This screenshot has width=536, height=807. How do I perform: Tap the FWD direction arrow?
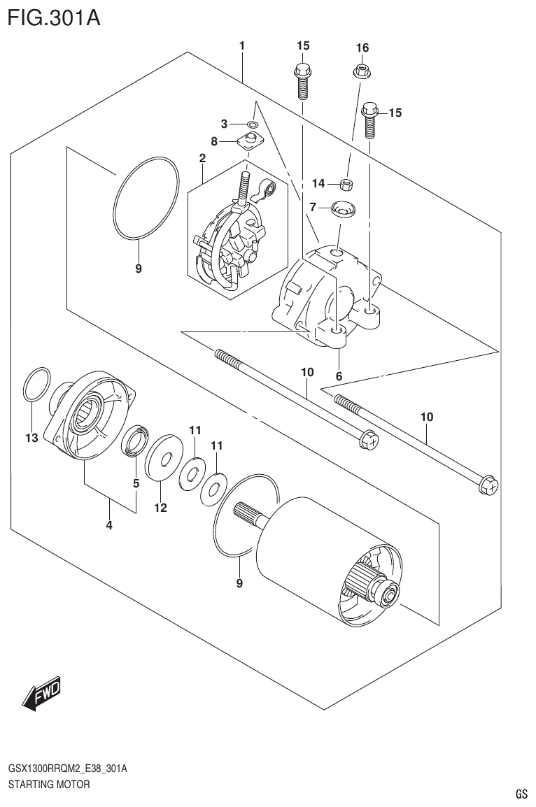[x=43, y=694]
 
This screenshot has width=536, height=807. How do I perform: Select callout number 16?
[x=362, y=48]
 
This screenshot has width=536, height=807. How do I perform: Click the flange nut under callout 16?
[x=362, y=70]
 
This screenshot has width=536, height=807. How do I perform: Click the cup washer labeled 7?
[x=342, y=207]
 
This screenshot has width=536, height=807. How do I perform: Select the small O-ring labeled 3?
[x=252, y=124]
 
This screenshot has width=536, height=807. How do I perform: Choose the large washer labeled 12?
[x=162, y=459]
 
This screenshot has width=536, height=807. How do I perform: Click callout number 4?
[x=109, y=527]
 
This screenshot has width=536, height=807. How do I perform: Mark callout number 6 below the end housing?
[x=339, y=376]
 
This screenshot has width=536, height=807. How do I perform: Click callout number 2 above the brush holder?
[x=202, y=159]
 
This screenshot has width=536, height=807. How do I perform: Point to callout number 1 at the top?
[x=241, y=46]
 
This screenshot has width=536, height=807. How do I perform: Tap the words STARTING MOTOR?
[x=48, y=785]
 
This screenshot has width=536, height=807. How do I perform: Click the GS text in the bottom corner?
[x=521, y=794]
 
